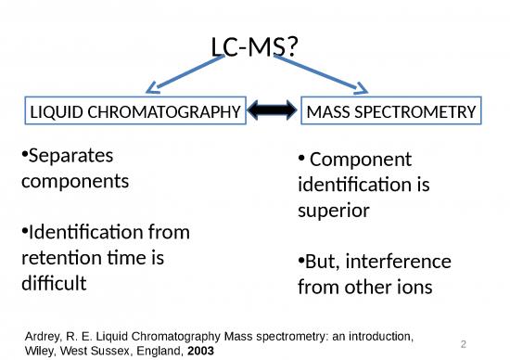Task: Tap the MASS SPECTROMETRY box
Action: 390,111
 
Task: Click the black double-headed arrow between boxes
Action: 274,111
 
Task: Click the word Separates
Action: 67,155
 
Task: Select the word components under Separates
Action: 74,180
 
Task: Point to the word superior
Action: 334,211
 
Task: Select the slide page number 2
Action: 463,341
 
